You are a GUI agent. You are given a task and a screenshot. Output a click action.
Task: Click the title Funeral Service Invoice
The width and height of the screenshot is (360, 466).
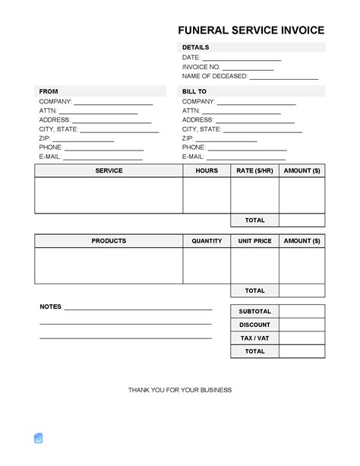[251, 30]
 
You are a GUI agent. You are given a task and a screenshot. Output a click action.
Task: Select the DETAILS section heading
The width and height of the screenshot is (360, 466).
[195, 47]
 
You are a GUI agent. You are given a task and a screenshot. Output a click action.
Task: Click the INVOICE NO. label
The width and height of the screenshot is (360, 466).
[201, 67]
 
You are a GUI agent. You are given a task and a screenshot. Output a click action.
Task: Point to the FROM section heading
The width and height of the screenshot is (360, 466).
[48, 91]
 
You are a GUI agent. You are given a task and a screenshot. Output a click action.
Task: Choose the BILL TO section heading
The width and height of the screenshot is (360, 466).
[194, 91]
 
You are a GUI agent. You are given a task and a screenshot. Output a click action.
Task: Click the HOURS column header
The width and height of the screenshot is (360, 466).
[206, 171]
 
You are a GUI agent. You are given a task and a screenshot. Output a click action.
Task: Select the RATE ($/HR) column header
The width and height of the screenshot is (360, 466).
[254, 171]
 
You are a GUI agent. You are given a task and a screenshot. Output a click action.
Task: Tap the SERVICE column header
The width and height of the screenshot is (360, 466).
[109, 171]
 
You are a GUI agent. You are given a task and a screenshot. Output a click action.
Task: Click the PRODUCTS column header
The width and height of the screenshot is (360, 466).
[109, 241]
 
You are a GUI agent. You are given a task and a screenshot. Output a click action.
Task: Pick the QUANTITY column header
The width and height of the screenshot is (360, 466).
[206, 241]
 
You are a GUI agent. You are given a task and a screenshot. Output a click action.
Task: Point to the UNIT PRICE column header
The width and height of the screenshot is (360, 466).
[254, 241]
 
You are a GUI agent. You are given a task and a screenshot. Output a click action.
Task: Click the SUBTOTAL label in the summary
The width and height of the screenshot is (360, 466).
[254, 312]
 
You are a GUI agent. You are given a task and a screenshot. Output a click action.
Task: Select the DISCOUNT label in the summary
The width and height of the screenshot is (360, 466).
[254, 325]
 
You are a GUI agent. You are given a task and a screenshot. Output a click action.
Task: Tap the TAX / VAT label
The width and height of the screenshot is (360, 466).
[254, 338]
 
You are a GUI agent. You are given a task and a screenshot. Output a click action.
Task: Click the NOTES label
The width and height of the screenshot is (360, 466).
[50, 306]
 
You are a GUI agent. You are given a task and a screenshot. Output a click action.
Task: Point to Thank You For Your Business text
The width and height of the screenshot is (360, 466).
[180, 390]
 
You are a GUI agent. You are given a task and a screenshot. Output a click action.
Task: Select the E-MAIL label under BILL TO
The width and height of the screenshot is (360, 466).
[194, 157]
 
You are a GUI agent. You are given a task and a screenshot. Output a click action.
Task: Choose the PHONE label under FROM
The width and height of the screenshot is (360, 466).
[50, 147]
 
